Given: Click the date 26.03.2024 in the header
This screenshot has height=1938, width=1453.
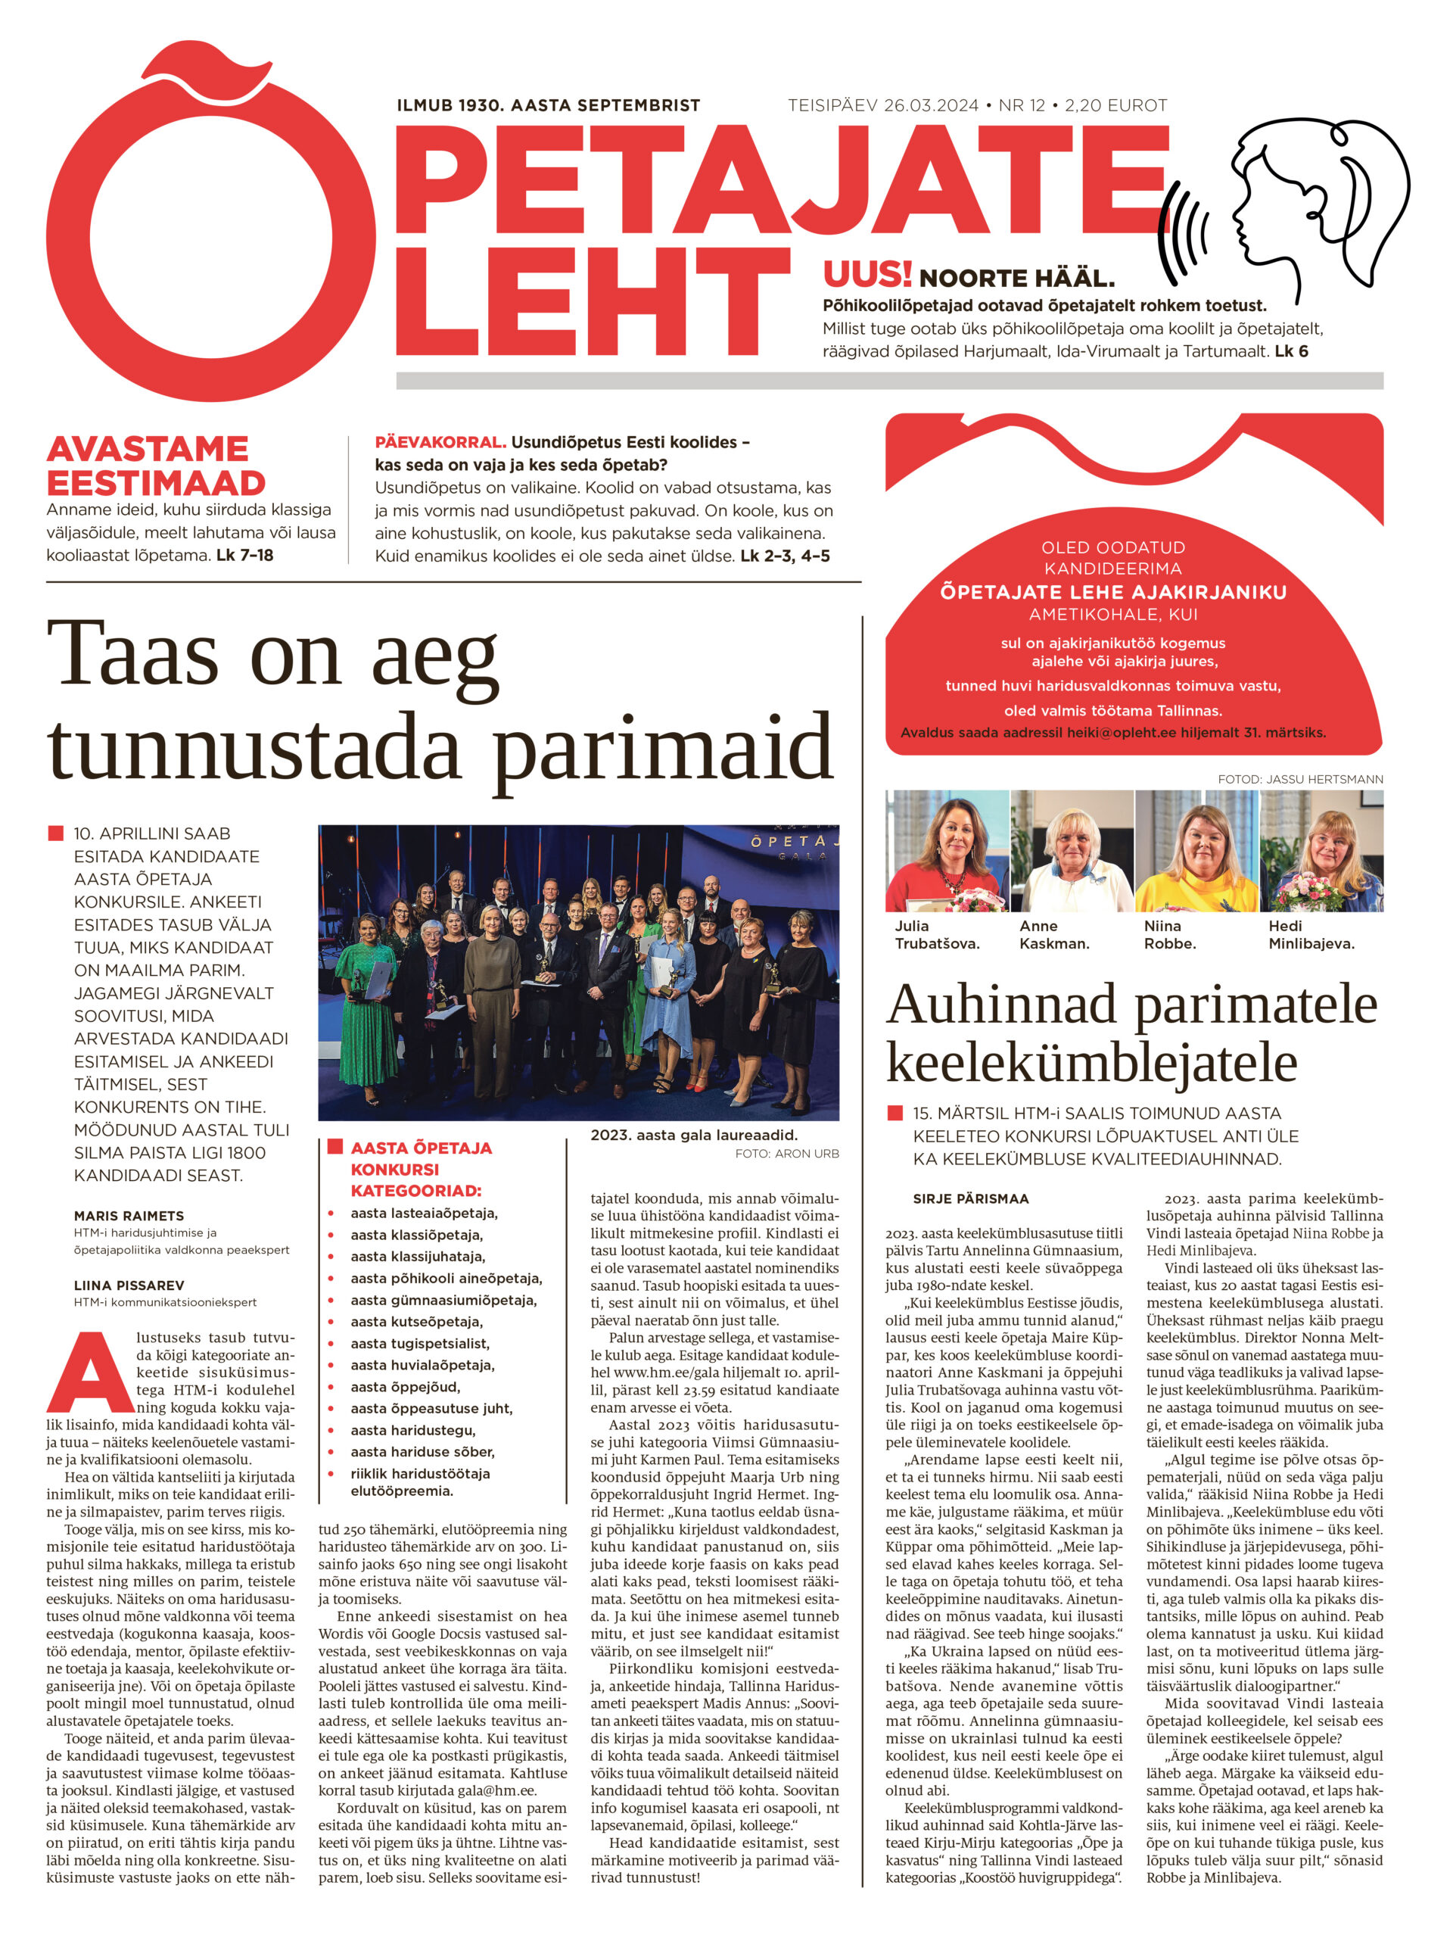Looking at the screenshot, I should click(930, 106).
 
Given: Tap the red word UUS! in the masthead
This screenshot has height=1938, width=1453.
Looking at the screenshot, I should click(867, 275).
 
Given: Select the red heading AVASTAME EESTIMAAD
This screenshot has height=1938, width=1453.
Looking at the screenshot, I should click(156, 466).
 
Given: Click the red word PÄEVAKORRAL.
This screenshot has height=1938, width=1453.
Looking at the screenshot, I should click(440, 442).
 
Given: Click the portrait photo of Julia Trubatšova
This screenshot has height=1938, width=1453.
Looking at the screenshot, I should click(947, 851).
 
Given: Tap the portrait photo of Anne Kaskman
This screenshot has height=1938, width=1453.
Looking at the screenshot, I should click(1072, 851).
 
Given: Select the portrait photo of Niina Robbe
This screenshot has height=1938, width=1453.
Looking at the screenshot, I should click(1196, 851).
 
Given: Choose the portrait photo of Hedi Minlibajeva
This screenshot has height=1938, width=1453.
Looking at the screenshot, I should click(1321, 851).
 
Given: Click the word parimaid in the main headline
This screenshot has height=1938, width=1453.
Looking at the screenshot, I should click(661, 747).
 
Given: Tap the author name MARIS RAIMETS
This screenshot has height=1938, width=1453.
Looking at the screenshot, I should click(129, 1216).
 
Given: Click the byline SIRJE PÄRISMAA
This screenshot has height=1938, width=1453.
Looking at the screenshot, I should click(970, 1198).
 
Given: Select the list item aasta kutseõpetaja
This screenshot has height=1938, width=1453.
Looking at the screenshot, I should click(417, 1322).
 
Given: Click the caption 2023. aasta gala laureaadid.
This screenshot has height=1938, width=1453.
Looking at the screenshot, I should click(694, 1136).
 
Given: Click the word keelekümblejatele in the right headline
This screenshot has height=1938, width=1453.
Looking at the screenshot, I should click(1091, 1062).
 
